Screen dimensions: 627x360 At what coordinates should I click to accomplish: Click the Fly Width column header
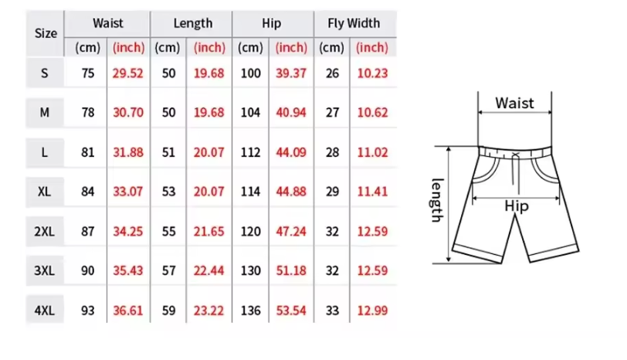tap(354, 23)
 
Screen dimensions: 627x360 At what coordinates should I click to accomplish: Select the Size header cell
tap(46, 33)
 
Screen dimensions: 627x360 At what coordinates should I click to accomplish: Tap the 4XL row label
tap(44, 311)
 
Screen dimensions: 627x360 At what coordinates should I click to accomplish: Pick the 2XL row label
tap(44, 231)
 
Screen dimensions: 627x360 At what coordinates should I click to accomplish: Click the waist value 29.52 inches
tap(127, 73)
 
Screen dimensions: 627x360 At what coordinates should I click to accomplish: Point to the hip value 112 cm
tap(251, 152)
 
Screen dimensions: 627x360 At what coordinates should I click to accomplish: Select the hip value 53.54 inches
tap(291, 311)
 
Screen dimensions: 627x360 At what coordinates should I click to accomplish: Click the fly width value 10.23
tap(372, 73)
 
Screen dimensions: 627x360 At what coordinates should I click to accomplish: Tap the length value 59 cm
tap(169, 311)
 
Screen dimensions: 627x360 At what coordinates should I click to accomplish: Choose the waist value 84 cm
tap(88, 192)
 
